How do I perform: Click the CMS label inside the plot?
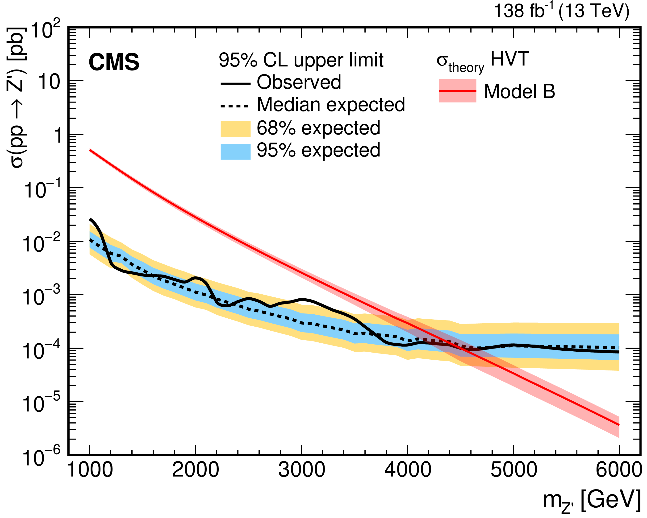pyautogui.click(x=114, y=62)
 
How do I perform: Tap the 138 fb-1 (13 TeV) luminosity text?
pyautogui.click(x=561, y=11)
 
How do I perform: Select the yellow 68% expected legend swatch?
pyautogui.click(x=236, y=129)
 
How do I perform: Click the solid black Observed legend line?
pyautogui.click(x=236, y=83)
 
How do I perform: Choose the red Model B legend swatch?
pyautogui.click(x=457, y=91)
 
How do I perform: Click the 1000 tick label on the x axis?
pyautogui.click(x=90, y=470)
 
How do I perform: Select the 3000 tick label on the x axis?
pyautogui.click(x=302, y=470)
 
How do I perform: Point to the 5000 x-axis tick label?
pyautogui.click(x=513, y=470)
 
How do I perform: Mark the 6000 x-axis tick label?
pyautogui.click(x=619, y=470)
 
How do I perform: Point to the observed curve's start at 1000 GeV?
pyautogui.click(x=90, y=220)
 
